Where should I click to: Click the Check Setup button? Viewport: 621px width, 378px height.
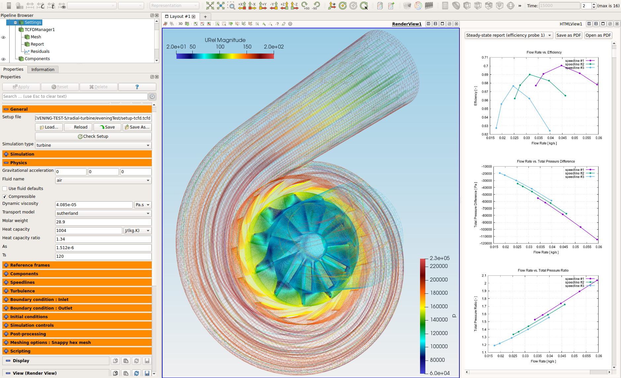point(93,136)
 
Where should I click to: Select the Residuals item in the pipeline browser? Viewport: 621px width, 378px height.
point(40,52)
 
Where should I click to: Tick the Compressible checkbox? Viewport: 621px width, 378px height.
point(5,197)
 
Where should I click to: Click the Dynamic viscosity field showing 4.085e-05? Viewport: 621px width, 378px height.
point(94,205)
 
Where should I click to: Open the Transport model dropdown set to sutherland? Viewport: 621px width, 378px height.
point(103,213)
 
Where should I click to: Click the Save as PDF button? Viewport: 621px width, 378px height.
point(568,35)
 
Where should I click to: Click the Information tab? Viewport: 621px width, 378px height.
point(43,69)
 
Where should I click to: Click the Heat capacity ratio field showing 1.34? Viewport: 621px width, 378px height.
point(103,239)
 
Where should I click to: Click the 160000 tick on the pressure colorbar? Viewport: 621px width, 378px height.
point(439,306)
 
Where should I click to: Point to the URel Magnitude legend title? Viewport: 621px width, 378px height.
point(225,40)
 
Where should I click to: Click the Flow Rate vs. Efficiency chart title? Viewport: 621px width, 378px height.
point(544,52)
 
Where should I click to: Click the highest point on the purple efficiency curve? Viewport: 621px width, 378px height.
point(561,65)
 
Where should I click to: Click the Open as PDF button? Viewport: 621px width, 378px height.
point(598,35)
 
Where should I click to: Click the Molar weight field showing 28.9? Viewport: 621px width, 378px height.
point(103,222)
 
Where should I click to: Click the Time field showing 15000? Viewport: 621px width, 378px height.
point(559,6)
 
